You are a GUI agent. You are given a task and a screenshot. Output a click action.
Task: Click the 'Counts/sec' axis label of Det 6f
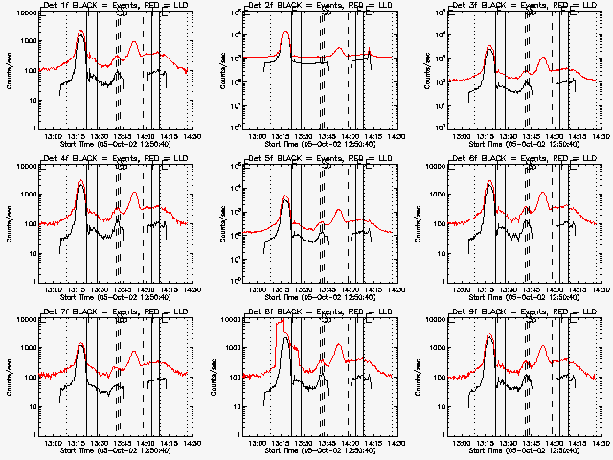418,222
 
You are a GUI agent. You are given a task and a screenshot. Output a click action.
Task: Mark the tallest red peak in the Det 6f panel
490,181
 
